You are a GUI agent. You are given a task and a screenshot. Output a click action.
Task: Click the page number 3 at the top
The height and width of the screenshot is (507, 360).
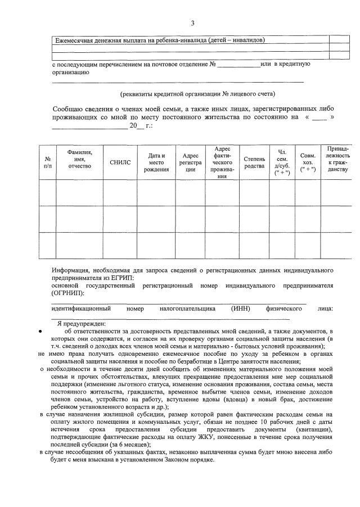pyautogui.click(x=192, y=23)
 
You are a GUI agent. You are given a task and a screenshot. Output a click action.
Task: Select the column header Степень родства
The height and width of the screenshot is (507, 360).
pyautogui.click(x=254, y=162)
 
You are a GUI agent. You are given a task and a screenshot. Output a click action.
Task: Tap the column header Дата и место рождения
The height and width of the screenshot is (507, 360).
pyautogui.click(x=156, y=162)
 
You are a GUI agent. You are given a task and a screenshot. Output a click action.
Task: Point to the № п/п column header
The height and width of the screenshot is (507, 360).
pyautogui.click(x=47, y=162)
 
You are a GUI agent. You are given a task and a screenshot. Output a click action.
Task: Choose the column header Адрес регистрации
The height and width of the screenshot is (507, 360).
pyautogui.click(x=190, y=162)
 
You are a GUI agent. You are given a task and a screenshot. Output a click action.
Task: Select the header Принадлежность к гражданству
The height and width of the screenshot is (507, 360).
pyautogui.click(x=337, y=159)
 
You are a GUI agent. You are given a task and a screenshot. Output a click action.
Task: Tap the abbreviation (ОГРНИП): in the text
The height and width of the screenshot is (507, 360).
pyautogui.click(x=68, y=293)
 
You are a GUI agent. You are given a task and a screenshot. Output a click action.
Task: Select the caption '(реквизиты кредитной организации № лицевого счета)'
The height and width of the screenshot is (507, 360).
pyautogui.click(x=198, y=93)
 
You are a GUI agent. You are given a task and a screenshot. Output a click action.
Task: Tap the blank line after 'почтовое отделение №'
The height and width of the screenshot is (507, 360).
pyautogui.click(x=238, y=65)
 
